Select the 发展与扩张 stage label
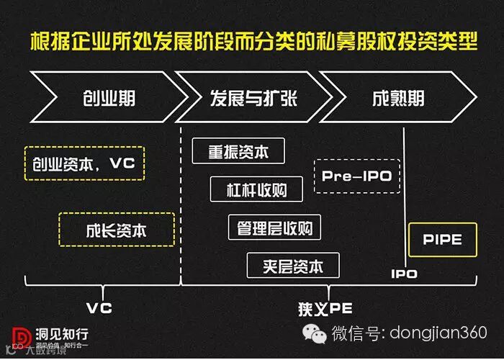(x=253, y=98)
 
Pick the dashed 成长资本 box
(x=117, y=230)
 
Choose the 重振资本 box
(x=238, y=151)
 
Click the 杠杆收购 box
(x=257, y=189)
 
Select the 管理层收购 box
(x=274, y=228)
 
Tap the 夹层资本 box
(x=293, y=266)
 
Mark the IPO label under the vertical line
(x=404, y=274)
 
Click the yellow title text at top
(x=253, y=41)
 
